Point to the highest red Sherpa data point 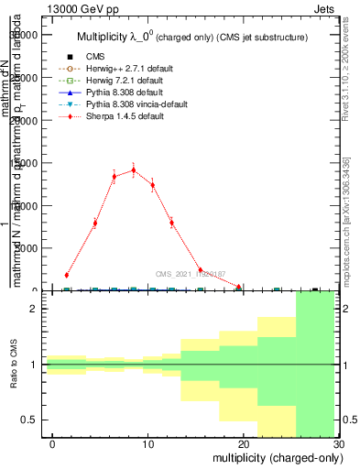(134, 169)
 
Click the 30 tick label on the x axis (339, 443)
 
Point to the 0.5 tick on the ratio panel (29, 420)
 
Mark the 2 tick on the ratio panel (35, 309)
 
